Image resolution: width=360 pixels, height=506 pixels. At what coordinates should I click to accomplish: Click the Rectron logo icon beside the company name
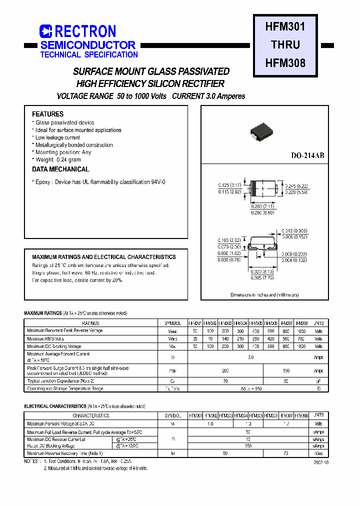pos(45,31)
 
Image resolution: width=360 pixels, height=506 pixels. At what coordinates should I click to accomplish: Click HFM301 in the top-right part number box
pos(285,25)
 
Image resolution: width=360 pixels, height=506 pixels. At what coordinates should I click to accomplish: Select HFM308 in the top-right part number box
pos(285,63)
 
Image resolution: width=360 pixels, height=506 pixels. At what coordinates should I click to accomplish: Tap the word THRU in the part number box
pos(285,44)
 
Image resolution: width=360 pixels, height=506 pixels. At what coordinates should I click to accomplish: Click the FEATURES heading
pos(47,114)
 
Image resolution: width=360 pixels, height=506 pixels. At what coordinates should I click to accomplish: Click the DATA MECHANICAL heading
pos(60,169)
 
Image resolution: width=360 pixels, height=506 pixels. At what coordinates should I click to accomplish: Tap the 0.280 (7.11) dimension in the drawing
pos(262,206)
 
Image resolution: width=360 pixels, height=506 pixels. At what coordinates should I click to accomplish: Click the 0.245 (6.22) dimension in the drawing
pos(296,185)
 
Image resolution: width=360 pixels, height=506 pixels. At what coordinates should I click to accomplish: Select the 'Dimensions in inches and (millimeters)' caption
pos(264,295)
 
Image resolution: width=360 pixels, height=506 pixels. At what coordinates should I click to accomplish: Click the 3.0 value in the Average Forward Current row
pos(250,357)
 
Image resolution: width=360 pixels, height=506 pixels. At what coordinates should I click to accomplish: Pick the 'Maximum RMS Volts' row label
pos(45,338)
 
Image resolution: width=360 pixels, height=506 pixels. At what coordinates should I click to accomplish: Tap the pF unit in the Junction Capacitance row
pos(318,381)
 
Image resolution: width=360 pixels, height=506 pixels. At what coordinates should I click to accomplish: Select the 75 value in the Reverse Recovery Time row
pos(285,453)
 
